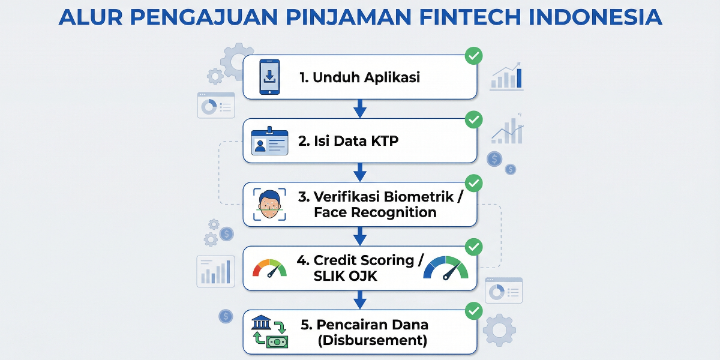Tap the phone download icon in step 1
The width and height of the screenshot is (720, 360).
270,77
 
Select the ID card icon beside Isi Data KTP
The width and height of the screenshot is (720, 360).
269,142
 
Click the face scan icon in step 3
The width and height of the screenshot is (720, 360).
270,205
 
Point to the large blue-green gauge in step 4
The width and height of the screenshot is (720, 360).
446,268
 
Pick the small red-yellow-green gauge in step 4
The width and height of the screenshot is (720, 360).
270,268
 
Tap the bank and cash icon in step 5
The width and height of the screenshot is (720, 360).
269,332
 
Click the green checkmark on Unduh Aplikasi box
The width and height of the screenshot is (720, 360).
474,56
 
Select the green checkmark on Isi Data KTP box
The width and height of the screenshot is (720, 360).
474,119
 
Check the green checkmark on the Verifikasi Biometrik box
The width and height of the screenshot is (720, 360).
474,183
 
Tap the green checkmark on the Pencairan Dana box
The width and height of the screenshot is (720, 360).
474,311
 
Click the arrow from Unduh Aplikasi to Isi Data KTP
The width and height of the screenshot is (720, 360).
360,109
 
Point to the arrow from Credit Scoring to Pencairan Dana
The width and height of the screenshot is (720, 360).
360,299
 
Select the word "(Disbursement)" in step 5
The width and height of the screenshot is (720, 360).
373,340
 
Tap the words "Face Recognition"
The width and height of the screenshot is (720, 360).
375,212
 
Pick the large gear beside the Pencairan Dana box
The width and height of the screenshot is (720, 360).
499,330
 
